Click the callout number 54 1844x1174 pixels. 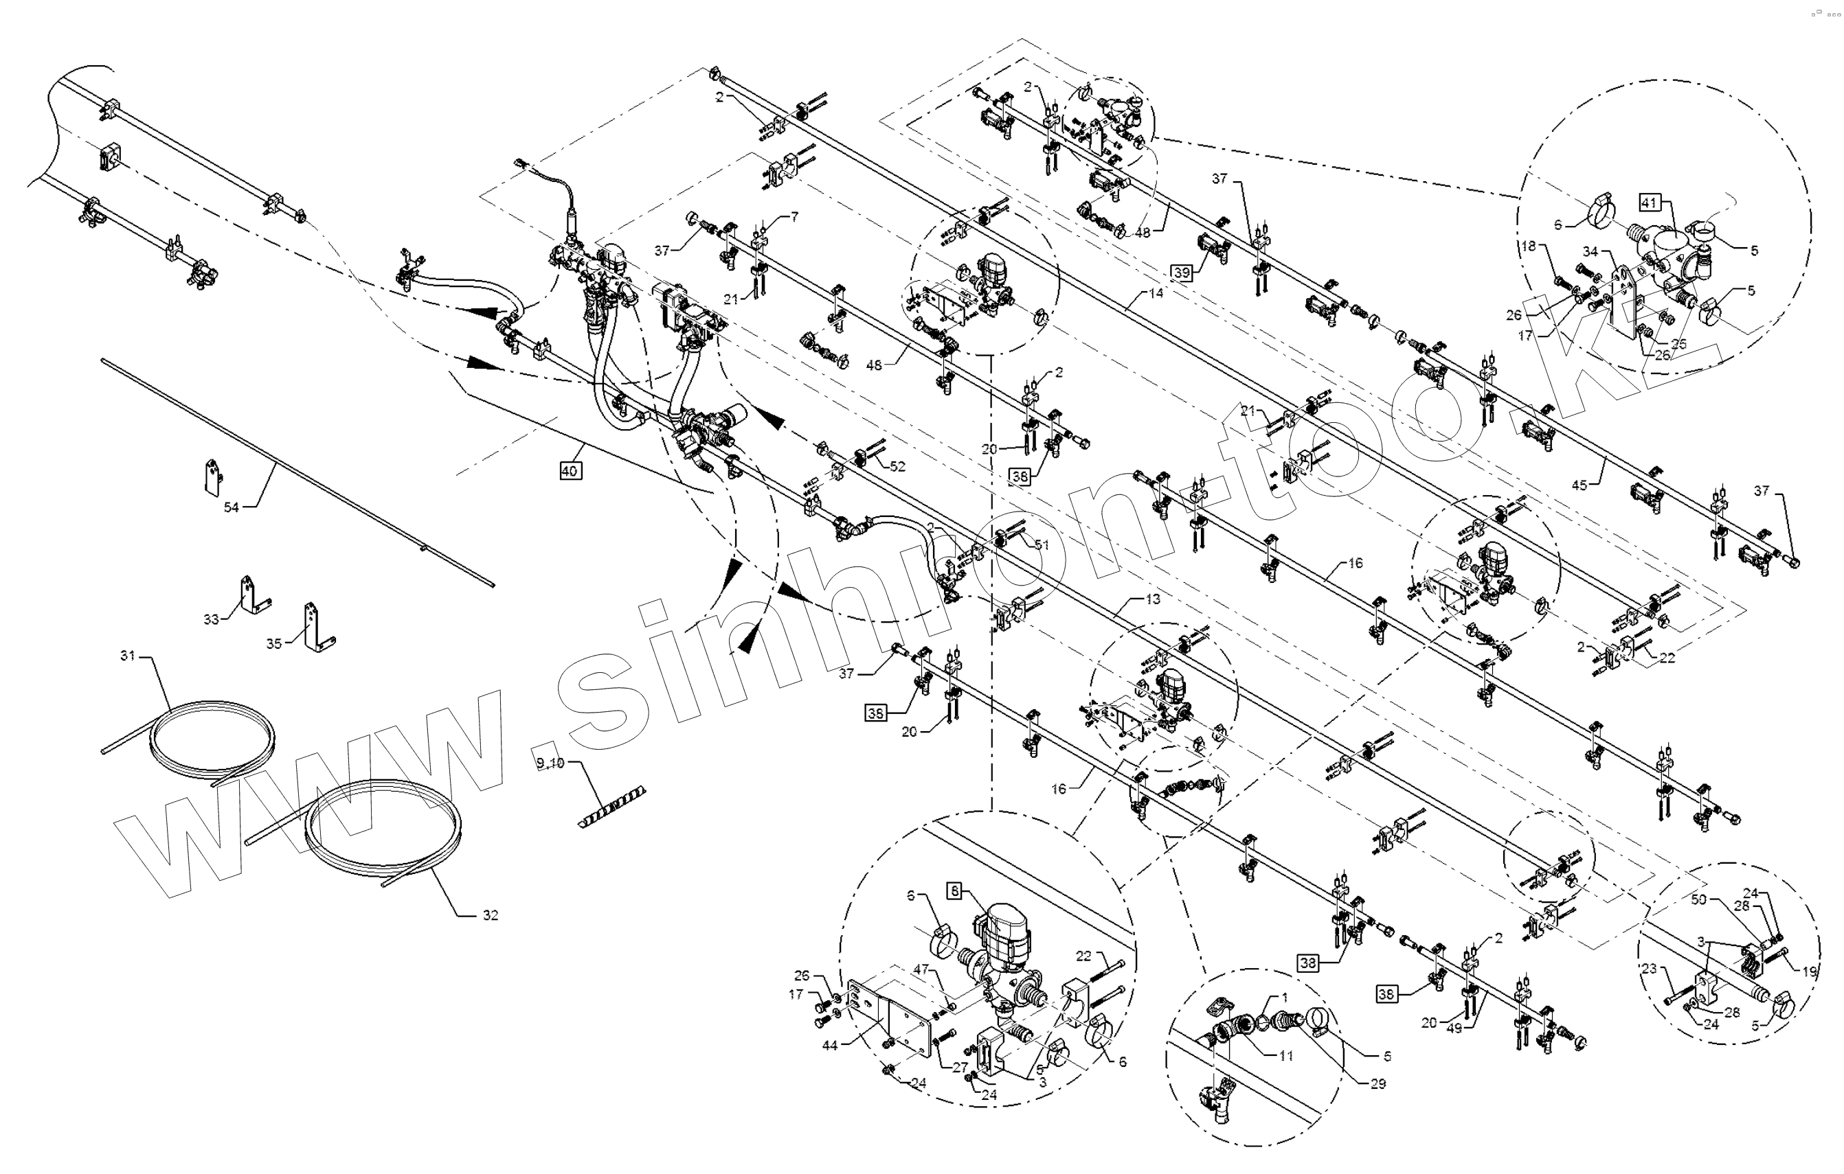pyautogui.click(x=232, y=507)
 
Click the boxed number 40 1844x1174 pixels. pyautogui.click(x=569, y=472)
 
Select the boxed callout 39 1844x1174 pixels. pyautogui.click(x=1182, y=273)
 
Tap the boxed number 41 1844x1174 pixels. pyautogui.click(x=1649, y=203)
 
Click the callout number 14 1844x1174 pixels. pyautogui.click(x=1156, y=293)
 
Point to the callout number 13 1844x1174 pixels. pyautogui.click(x=1154, y=599)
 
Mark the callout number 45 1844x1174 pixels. pyautogui.click(x=1579, y=485)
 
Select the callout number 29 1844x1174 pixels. pyautogui.click(x=1378, y=1083)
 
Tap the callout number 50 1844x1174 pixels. pyautogui.click(x=1698, y=900)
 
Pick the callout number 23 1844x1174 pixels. pyautogui.click(x=1649, y=969)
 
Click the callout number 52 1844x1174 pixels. pyautogui.click(x=897, y=466)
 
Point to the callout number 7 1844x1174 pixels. pyautogui.click(x=794, y=218)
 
